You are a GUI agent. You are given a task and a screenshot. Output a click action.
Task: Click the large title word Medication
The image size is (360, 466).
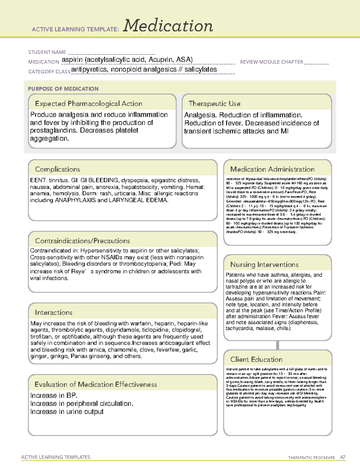click(x=168, y=26)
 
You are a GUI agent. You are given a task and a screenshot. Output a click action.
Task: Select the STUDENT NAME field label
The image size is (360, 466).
click(x=47, y=52)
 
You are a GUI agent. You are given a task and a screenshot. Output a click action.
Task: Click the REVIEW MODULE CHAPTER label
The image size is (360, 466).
click(x=271, y=62)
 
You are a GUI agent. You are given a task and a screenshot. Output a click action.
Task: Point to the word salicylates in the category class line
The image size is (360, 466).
click(x=200, y=69)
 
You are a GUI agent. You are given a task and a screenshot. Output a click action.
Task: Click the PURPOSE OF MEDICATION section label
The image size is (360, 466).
click(x=63, y=89)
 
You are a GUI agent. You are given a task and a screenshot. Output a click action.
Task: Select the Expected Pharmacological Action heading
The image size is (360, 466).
click(x=88, y=104)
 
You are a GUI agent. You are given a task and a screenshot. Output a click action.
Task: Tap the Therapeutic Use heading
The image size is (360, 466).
click(x=214, y=104)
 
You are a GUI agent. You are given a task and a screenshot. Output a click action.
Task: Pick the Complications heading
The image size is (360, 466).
click(x=58, y=169)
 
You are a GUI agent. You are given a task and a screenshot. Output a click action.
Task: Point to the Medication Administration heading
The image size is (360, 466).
click(x=272, y=169)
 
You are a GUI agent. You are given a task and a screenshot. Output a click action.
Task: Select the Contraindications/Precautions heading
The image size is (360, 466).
click(x=82, y=241)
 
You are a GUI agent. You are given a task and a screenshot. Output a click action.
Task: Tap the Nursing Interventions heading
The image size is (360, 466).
click(x=264, y=264)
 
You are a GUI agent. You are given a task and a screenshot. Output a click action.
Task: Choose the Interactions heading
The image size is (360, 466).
click(x=54, y=312)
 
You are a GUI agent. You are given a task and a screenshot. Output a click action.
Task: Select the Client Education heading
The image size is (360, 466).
click(x=256, y=359)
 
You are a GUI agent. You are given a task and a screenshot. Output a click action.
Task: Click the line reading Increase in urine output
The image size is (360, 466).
click(x=67, y=412)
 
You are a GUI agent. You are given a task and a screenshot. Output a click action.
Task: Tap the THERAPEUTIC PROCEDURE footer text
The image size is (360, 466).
click(x=311, y=458)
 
